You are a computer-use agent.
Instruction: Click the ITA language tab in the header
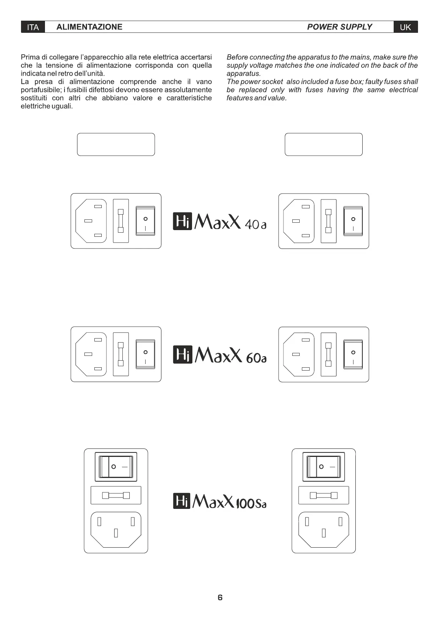(33, 27)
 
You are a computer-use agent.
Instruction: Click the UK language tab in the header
(405, 27)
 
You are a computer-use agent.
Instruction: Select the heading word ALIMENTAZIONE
(89, 27)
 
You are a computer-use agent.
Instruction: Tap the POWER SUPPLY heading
(339, 27)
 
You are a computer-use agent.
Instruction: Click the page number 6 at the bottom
(220, 597)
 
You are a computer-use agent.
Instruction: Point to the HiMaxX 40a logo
(220, 221)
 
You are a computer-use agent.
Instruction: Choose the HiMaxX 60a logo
(220, 355)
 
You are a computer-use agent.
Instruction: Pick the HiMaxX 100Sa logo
(220, 501)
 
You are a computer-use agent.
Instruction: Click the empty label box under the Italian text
(116, 144)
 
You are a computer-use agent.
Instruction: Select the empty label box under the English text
(324, 144)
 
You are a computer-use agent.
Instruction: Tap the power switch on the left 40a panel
(146, 221)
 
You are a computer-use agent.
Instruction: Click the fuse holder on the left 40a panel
(121, 221)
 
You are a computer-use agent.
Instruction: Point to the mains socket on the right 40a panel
(299, 221)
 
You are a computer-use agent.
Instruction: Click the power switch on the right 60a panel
(353, 354)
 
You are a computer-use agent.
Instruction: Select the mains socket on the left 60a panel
(91, 354)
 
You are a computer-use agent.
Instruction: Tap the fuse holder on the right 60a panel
(328, 354)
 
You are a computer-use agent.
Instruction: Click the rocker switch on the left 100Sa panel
(116, 466)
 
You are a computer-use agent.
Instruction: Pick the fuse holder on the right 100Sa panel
(324, 495)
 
